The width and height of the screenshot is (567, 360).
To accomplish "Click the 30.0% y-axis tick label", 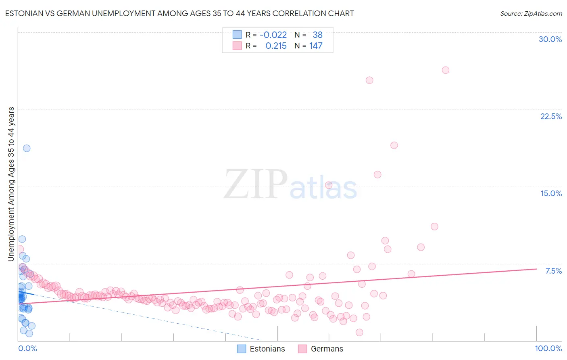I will tap(550, 39).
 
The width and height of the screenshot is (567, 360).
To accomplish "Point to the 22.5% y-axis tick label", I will tap(551, 116).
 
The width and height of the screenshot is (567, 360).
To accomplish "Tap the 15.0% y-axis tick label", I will tap(551, 193).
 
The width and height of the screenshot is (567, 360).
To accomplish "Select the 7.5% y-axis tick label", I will tap(553, 271).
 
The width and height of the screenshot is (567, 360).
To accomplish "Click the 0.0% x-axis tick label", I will tap(27, 348).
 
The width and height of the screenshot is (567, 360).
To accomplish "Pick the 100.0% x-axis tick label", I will tap(548, 348).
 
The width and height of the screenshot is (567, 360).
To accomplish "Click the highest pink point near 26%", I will tap(446, 70).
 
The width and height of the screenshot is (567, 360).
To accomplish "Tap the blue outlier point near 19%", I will tap(27, 148).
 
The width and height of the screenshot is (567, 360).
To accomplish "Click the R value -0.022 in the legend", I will tap(273, 35).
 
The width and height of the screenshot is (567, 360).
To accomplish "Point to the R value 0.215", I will tap(276, 46).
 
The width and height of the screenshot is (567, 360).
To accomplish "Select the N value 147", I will tap(316, 46).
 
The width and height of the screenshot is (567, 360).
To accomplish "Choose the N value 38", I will tap(317, 35).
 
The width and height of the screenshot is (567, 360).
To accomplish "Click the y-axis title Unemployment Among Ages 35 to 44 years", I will tap(11, 184).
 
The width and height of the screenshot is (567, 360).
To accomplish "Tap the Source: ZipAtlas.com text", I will tap(531, 14).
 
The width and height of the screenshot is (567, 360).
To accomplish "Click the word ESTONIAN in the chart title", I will tap(24, 14).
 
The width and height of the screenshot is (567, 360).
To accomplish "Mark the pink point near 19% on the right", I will tap(394, 145).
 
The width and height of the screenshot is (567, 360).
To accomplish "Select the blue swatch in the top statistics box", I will tap(237, 35).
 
